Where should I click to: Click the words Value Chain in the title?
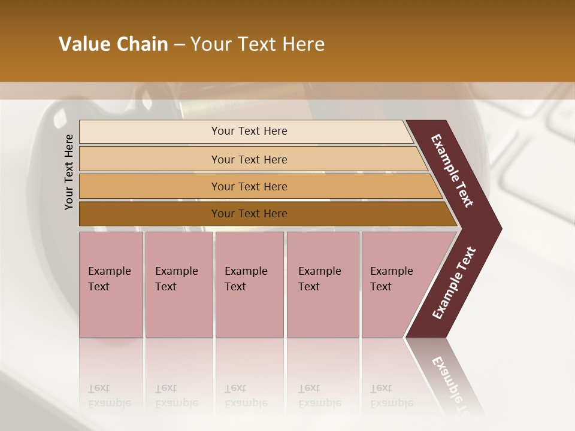pos(113,44)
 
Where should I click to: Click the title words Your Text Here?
pos(258,44)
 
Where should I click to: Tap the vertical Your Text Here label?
pos(69,172)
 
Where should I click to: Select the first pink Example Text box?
pos(111,284)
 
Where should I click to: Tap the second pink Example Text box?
pos(179,284)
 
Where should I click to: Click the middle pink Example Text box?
pos(249,284)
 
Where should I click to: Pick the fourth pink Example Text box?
pos(323,284)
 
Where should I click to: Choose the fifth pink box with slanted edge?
pos(395,284)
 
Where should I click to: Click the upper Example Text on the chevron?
pos(452,171)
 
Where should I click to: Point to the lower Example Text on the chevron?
pos(454,283)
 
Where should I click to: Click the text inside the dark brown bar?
pos(249,214)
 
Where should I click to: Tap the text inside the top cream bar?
pos(249,131)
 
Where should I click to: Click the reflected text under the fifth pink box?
pos(392,396)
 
